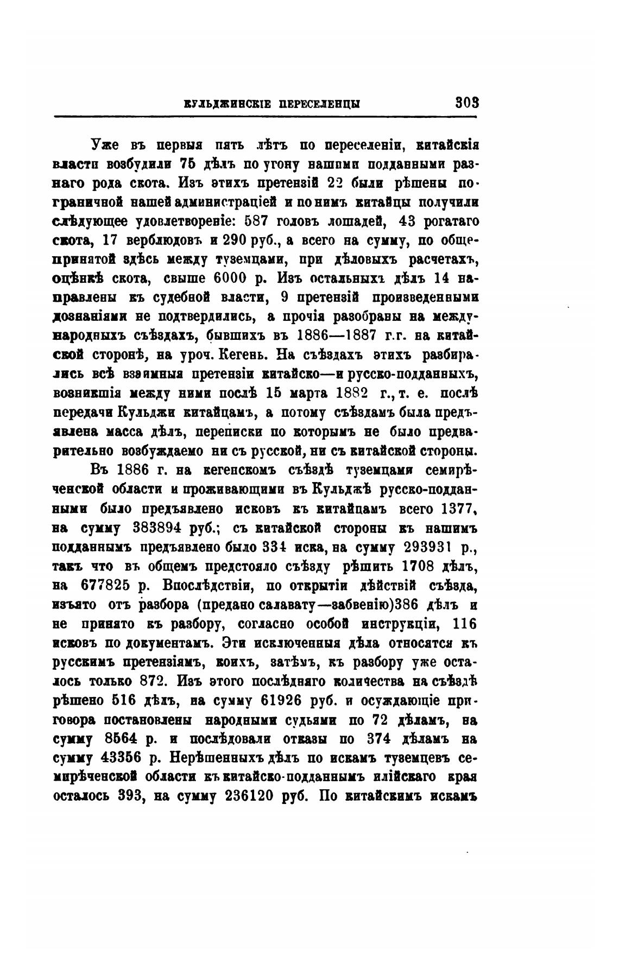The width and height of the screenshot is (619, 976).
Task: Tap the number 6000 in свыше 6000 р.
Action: tap(218, 278)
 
